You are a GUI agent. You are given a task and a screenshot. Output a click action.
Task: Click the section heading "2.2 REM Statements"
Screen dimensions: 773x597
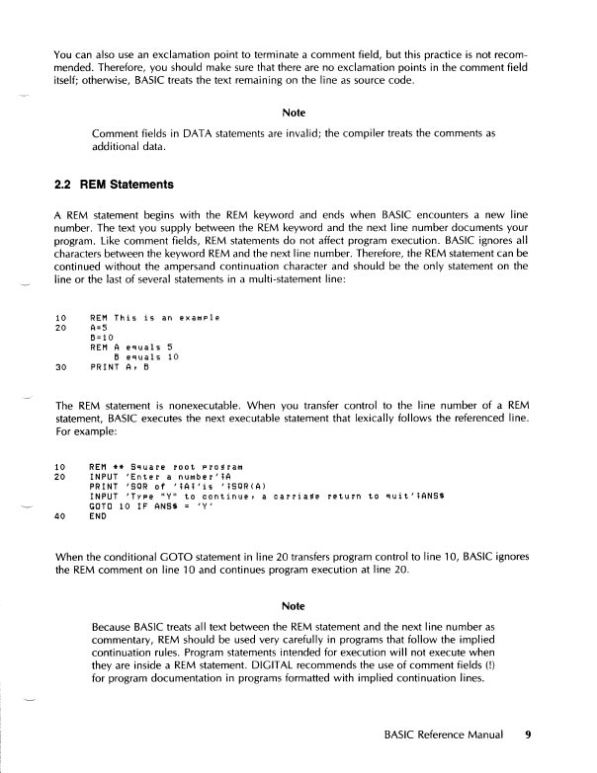click(113, 184)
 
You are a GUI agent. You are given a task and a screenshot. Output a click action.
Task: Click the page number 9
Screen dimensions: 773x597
click(529, 734)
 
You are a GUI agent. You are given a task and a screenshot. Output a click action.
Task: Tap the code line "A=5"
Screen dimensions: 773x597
click(98, 328)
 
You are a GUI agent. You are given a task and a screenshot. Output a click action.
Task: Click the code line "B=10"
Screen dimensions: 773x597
click(101, 338)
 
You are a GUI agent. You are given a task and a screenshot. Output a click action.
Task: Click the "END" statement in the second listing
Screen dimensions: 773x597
click(98, 515)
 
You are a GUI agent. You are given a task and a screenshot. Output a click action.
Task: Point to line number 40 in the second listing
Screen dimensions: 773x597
click(60, 515)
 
